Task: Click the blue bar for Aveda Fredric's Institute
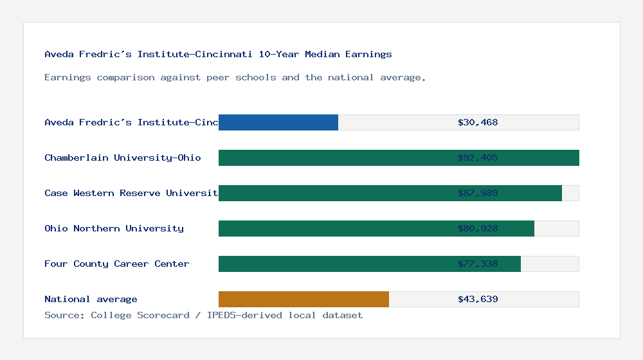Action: (278, 122)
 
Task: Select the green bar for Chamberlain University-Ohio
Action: (334, 157)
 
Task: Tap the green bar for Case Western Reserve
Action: (334, 193)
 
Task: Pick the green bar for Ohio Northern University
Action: (334, 228)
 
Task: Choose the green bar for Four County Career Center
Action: (334, 264)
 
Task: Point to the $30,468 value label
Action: (478, 122)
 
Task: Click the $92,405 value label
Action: (478, 157)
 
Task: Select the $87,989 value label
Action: (478, 193)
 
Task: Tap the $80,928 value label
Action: (478, 228)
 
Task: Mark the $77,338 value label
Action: (478, 264)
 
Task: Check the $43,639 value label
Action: (478, 299)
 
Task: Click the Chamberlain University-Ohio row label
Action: (122, 157)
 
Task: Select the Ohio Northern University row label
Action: (114, 228)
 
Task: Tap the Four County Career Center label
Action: (116, 264)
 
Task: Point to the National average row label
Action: (91, 299)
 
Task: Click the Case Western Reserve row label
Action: (131, 193)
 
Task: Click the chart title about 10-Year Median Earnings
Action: (218, 54)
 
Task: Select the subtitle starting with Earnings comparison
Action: (235, 77)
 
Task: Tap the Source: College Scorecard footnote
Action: (203, 315)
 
